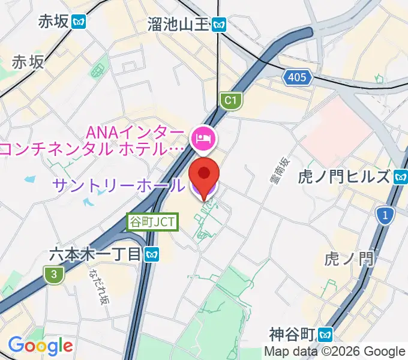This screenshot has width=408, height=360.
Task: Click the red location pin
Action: tap(204, 174)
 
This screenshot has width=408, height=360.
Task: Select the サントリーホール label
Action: tap(118, 185)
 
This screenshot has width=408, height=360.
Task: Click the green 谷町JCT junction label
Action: tap(153, 222)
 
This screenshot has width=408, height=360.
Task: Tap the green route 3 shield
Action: tap(54, 274)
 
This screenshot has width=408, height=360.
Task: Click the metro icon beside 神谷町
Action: tap(326, 334)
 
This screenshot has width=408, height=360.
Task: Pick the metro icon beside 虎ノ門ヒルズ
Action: tap(400, 177)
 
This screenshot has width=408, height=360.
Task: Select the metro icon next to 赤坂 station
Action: tap(79, 22)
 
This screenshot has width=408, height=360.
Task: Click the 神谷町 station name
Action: tap(292, 334)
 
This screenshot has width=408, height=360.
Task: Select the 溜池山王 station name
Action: tap(178, 24)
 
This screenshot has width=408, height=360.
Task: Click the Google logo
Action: tap(40, 346)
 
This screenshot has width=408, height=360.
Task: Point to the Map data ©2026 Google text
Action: tap(335, 352)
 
